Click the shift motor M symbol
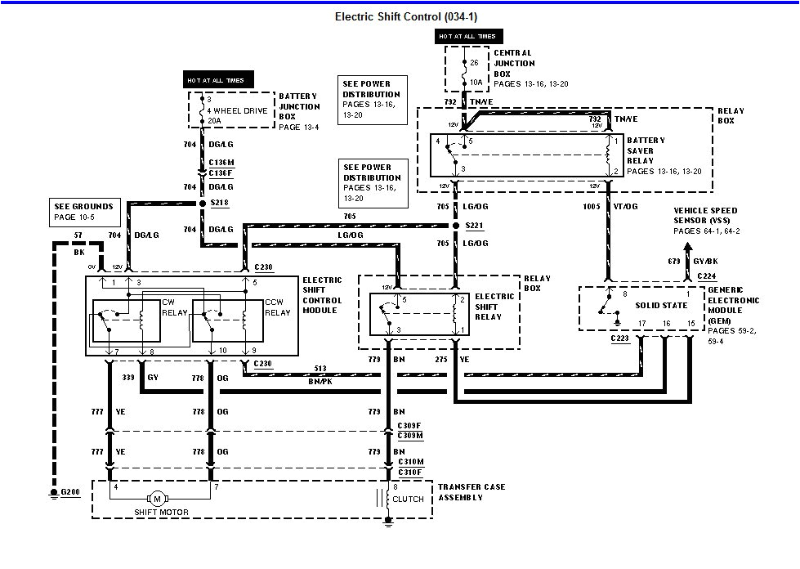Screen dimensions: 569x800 pyautogui.click(x=156, y=499)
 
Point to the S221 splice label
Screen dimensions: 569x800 pyautogui.click(x=476, y=226)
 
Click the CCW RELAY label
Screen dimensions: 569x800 pyautogui.click(x=277, y=307)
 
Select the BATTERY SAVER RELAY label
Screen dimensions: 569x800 pyautogui.click(x=646, y=150)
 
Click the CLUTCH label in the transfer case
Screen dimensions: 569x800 pyautogui.click(x=409, y=499)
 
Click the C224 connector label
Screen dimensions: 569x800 pyautogui.click(x=707, y=276)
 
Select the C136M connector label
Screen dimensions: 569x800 pyautogui.click(x=222, y=162)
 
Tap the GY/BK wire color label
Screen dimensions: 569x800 pyautogui.click(x=707, y=261)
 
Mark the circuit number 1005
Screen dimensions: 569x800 pyautogui.click(x=592, y=207)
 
